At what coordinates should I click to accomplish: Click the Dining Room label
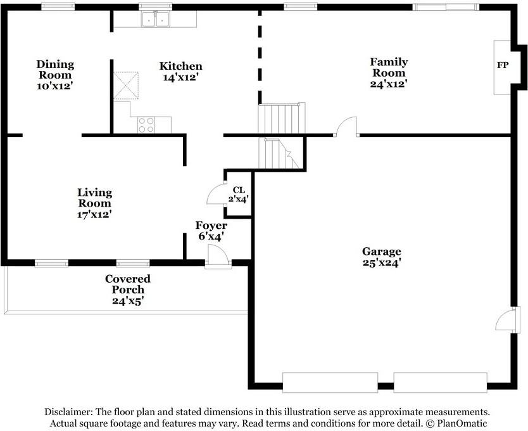(x=55, y=70)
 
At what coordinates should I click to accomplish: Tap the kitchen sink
(x=155, y=19)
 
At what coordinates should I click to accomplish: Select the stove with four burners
(x=146, y=125)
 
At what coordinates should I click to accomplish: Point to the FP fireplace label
(x=503, y=65)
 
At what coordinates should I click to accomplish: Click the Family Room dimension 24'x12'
(x=389, y=84)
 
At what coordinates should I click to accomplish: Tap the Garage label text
(x=382, y=251)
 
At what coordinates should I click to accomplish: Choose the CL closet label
(x=239, y=190)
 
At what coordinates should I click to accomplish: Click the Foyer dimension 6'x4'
(x=211, y=236)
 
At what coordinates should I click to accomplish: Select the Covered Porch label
(x=128, y=284)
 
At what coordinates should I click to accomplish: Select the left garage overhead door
(x=330, y=382)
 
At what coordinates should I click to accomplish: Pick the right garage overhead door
(x=441, y=382)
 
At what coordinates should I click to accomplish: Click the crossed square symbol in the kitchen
(x=125, y=86)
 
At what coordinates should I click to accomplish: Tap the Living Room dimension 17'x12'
(x=94, y=214)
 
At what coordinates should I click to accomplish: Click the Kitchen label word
(x=181, y=66)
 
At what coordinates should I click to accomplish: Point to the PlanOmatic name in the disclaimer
(x=462, y=423)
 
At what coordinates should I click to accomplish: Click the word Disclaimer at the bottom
(x=68, y=412)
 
